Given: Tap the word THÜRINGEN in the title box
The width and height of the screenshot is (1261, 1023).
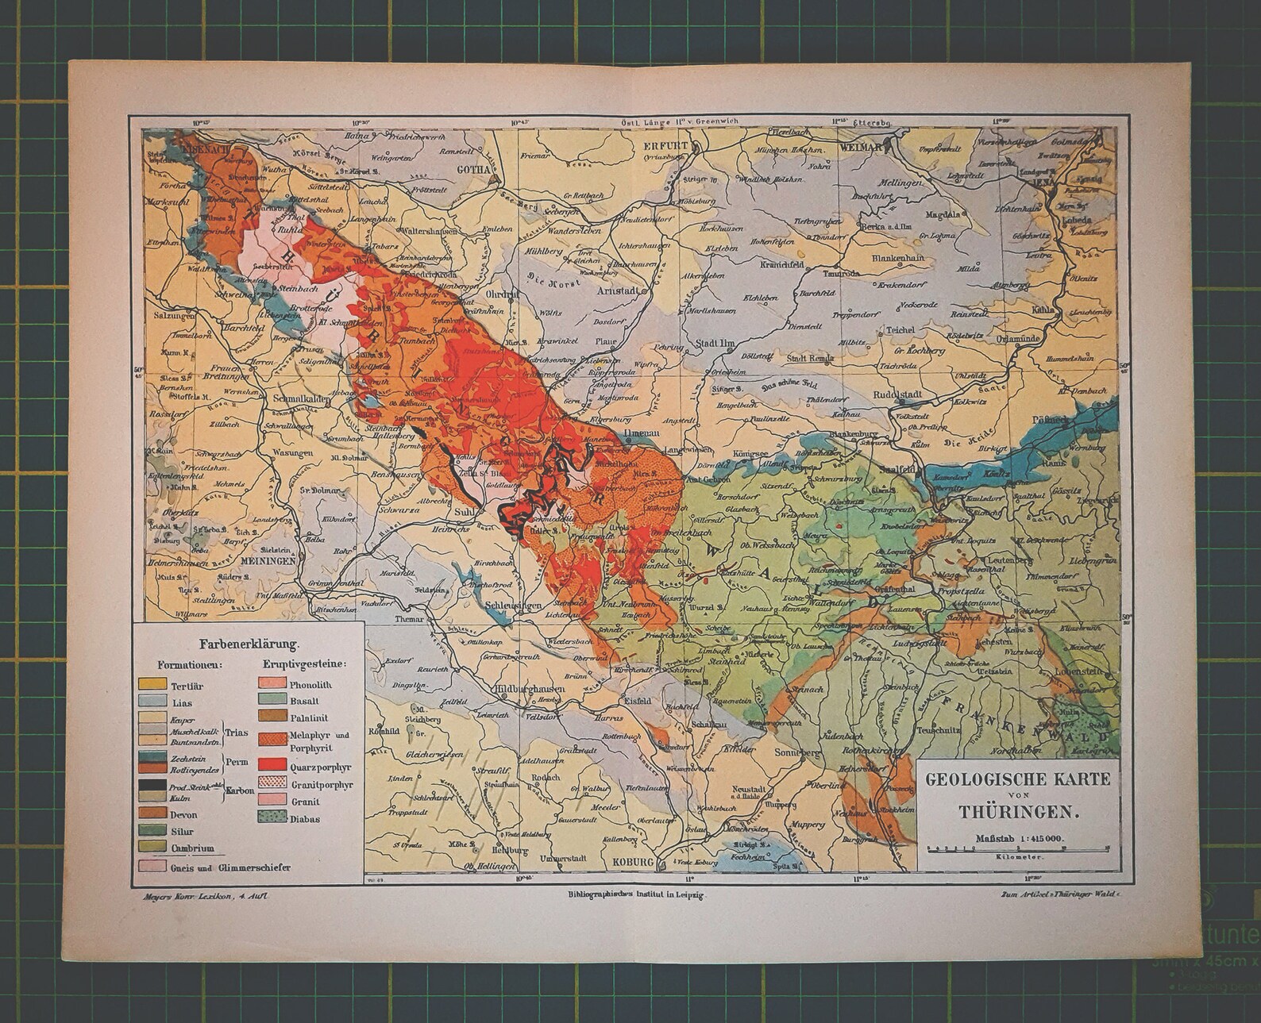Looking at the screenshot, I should click(1017, 812).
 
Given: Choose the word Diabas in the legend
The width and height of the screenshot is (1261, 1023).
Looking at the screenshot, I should click(305, 818).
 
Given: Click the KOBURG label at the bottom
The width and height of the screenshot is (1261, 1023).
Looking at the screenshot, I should click(632, 862).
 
